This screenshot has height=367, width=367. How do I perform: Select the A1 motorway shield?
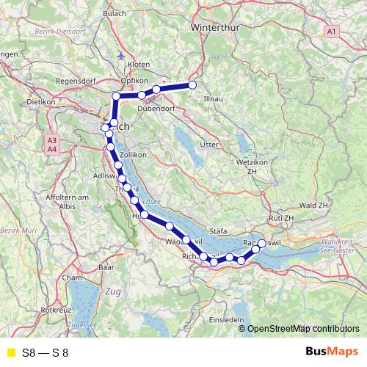click(x=332, y=31)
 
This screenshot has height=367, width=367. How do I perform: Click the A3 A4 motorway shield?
click(x=51, y=144)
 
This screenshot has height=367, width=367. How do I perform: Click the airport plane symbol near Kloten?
click(x=120, y=55)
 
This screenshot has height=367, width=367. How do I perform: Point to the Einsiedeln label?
click(x=225, y=321)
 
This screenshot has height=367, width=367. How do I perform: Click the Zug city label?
click(x=113, y=292)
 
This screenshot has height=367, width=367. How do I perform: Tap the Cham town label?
click(x=72, y=278)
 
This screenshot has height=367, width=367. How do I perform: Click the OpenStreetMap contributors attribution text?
click(x=303, y=328)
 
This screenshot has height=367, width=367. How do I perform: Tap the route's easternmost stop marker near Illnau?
click(x=193, y=85)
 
